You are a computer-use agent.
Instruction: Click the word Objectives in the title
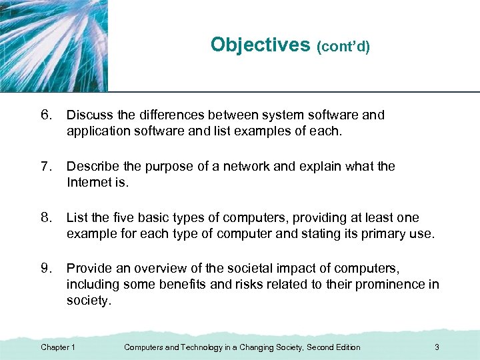coord(261,45)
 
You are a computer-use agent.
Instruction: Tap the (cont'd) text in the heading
coord(343,47)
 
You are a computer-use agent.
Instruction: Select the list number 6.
coord(47,115)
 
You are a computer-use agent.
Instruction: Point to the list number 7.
coord(47,166)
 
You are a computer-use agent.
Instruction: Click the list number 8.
coord(47,217)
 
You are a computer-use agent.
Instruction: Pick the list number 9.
coord(47,269)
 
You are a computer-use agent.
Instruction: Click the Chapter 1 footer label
coord(58,347)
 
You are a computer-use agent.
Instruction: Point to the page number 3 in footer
coord(436,347)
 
